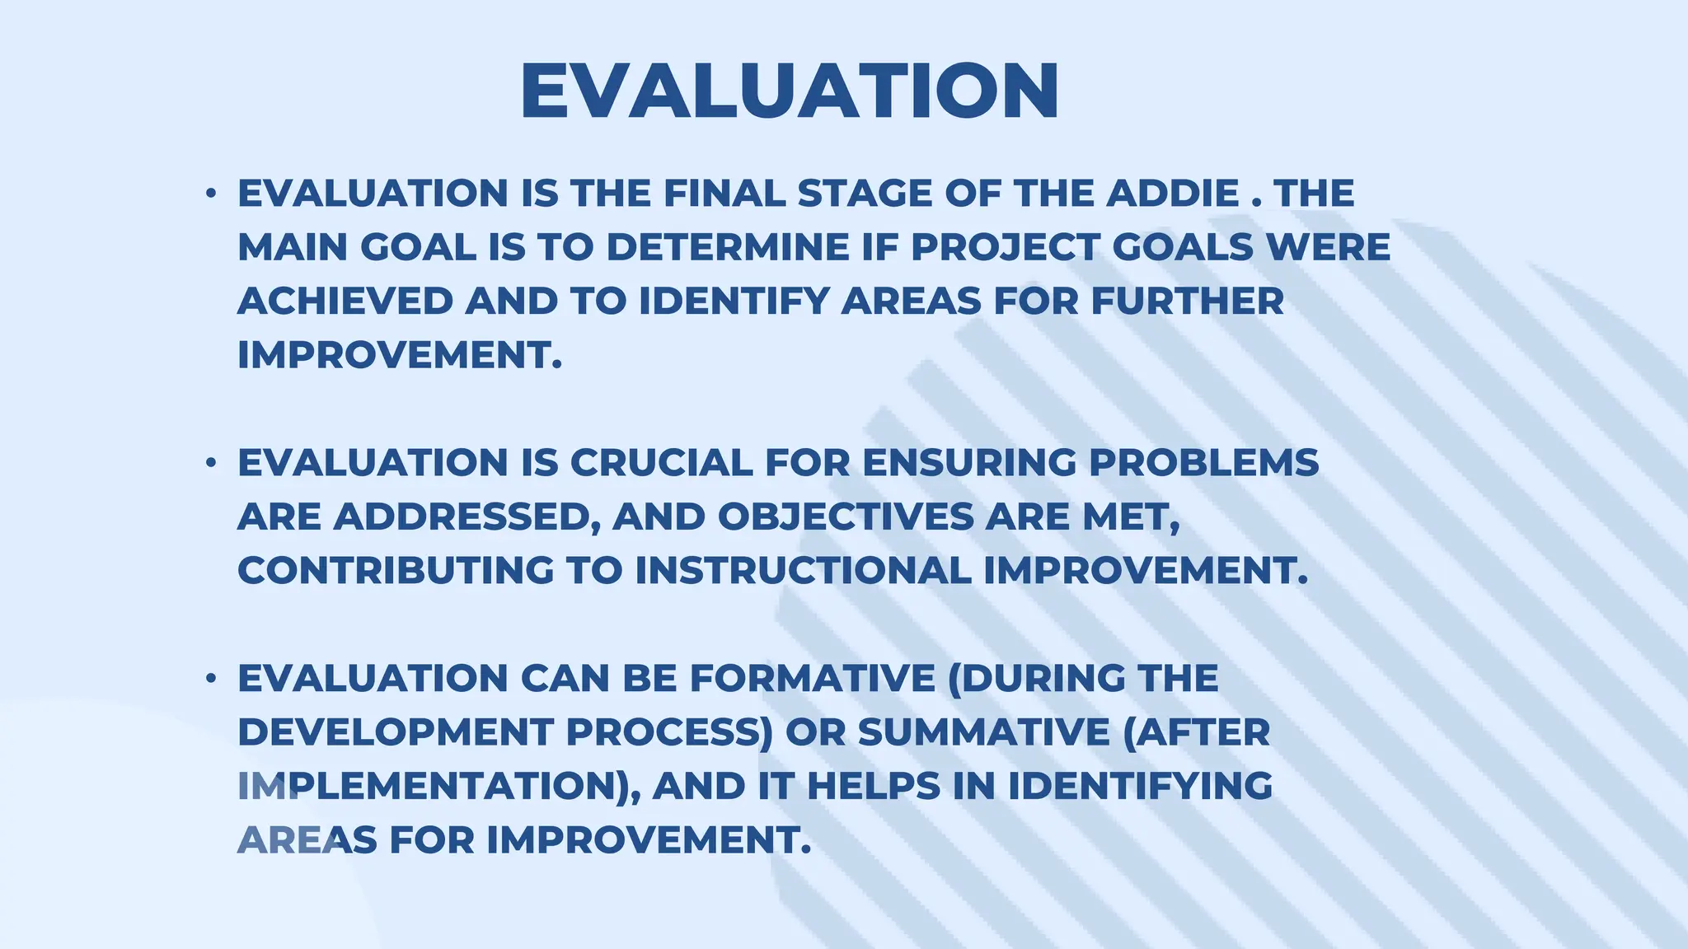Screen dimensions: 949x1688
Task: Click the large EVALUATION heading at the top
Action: click(x=790, y=91)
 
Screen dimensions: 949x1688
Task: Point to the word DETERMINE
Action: click(x=728, y=247)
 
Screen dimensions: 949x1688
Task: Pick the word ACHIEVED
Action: click(x=345, y=302)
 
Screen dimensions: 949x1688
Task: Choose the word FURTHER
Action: click(x=1187, y=302)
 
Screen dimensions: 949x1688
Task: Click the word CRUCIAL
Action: click(x=661, y=463)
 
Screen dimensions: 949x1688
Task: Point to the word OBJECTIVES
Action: click(x=845, y=517)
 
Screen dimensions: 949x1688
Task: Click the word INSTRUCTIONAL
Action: click(x=804, y=571)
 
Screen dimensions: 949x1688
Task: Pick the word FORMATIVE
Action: click(x=812, y=679)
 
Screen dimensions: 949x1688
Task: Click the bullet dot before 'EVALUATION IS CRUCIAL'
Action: click(x=211, y=463)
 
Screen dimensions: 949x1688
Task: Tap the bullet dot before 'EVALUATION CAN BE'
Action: click(x=211, y=679)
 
